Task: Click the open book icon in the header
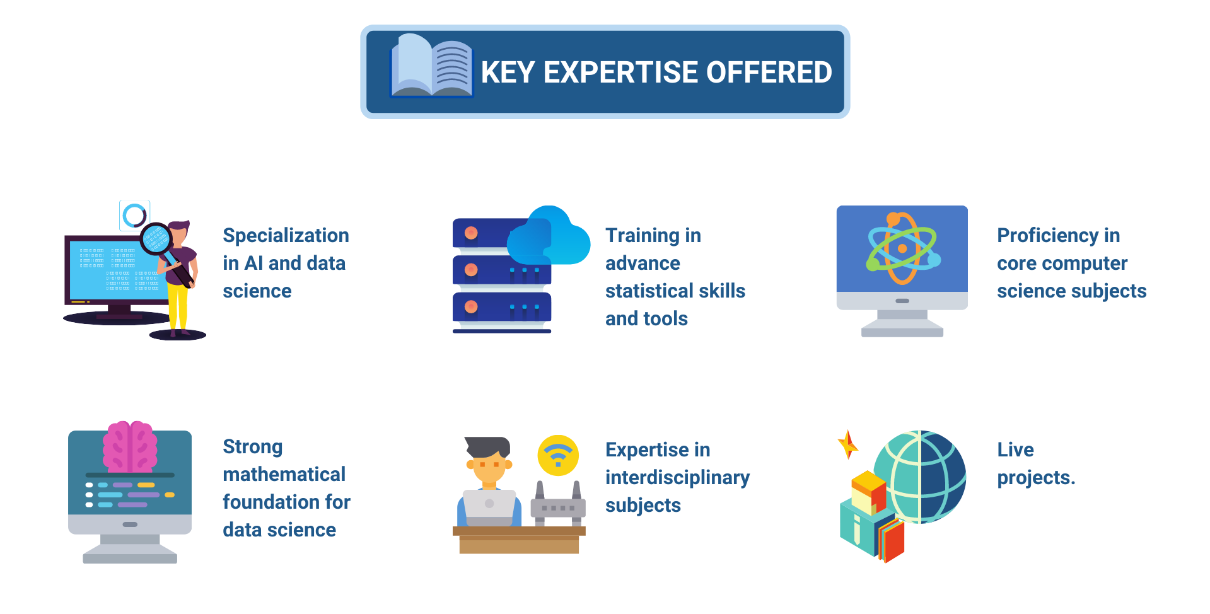[432, 66]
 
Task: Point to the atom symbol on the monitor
[902, 248]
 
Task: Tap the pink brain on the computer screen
[130, 446]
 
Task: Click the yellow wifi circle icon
[558, 455]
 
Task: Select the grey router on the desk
[558, 504]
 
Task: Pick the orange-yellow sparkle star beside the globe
[847, 444]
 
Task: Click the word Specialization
[286, 236]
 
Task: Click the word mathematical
[284, 474]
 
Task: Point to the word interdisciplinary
[677, 478]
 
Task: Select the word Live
[1015, 449]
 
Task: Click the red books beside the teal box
[890, 538]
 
